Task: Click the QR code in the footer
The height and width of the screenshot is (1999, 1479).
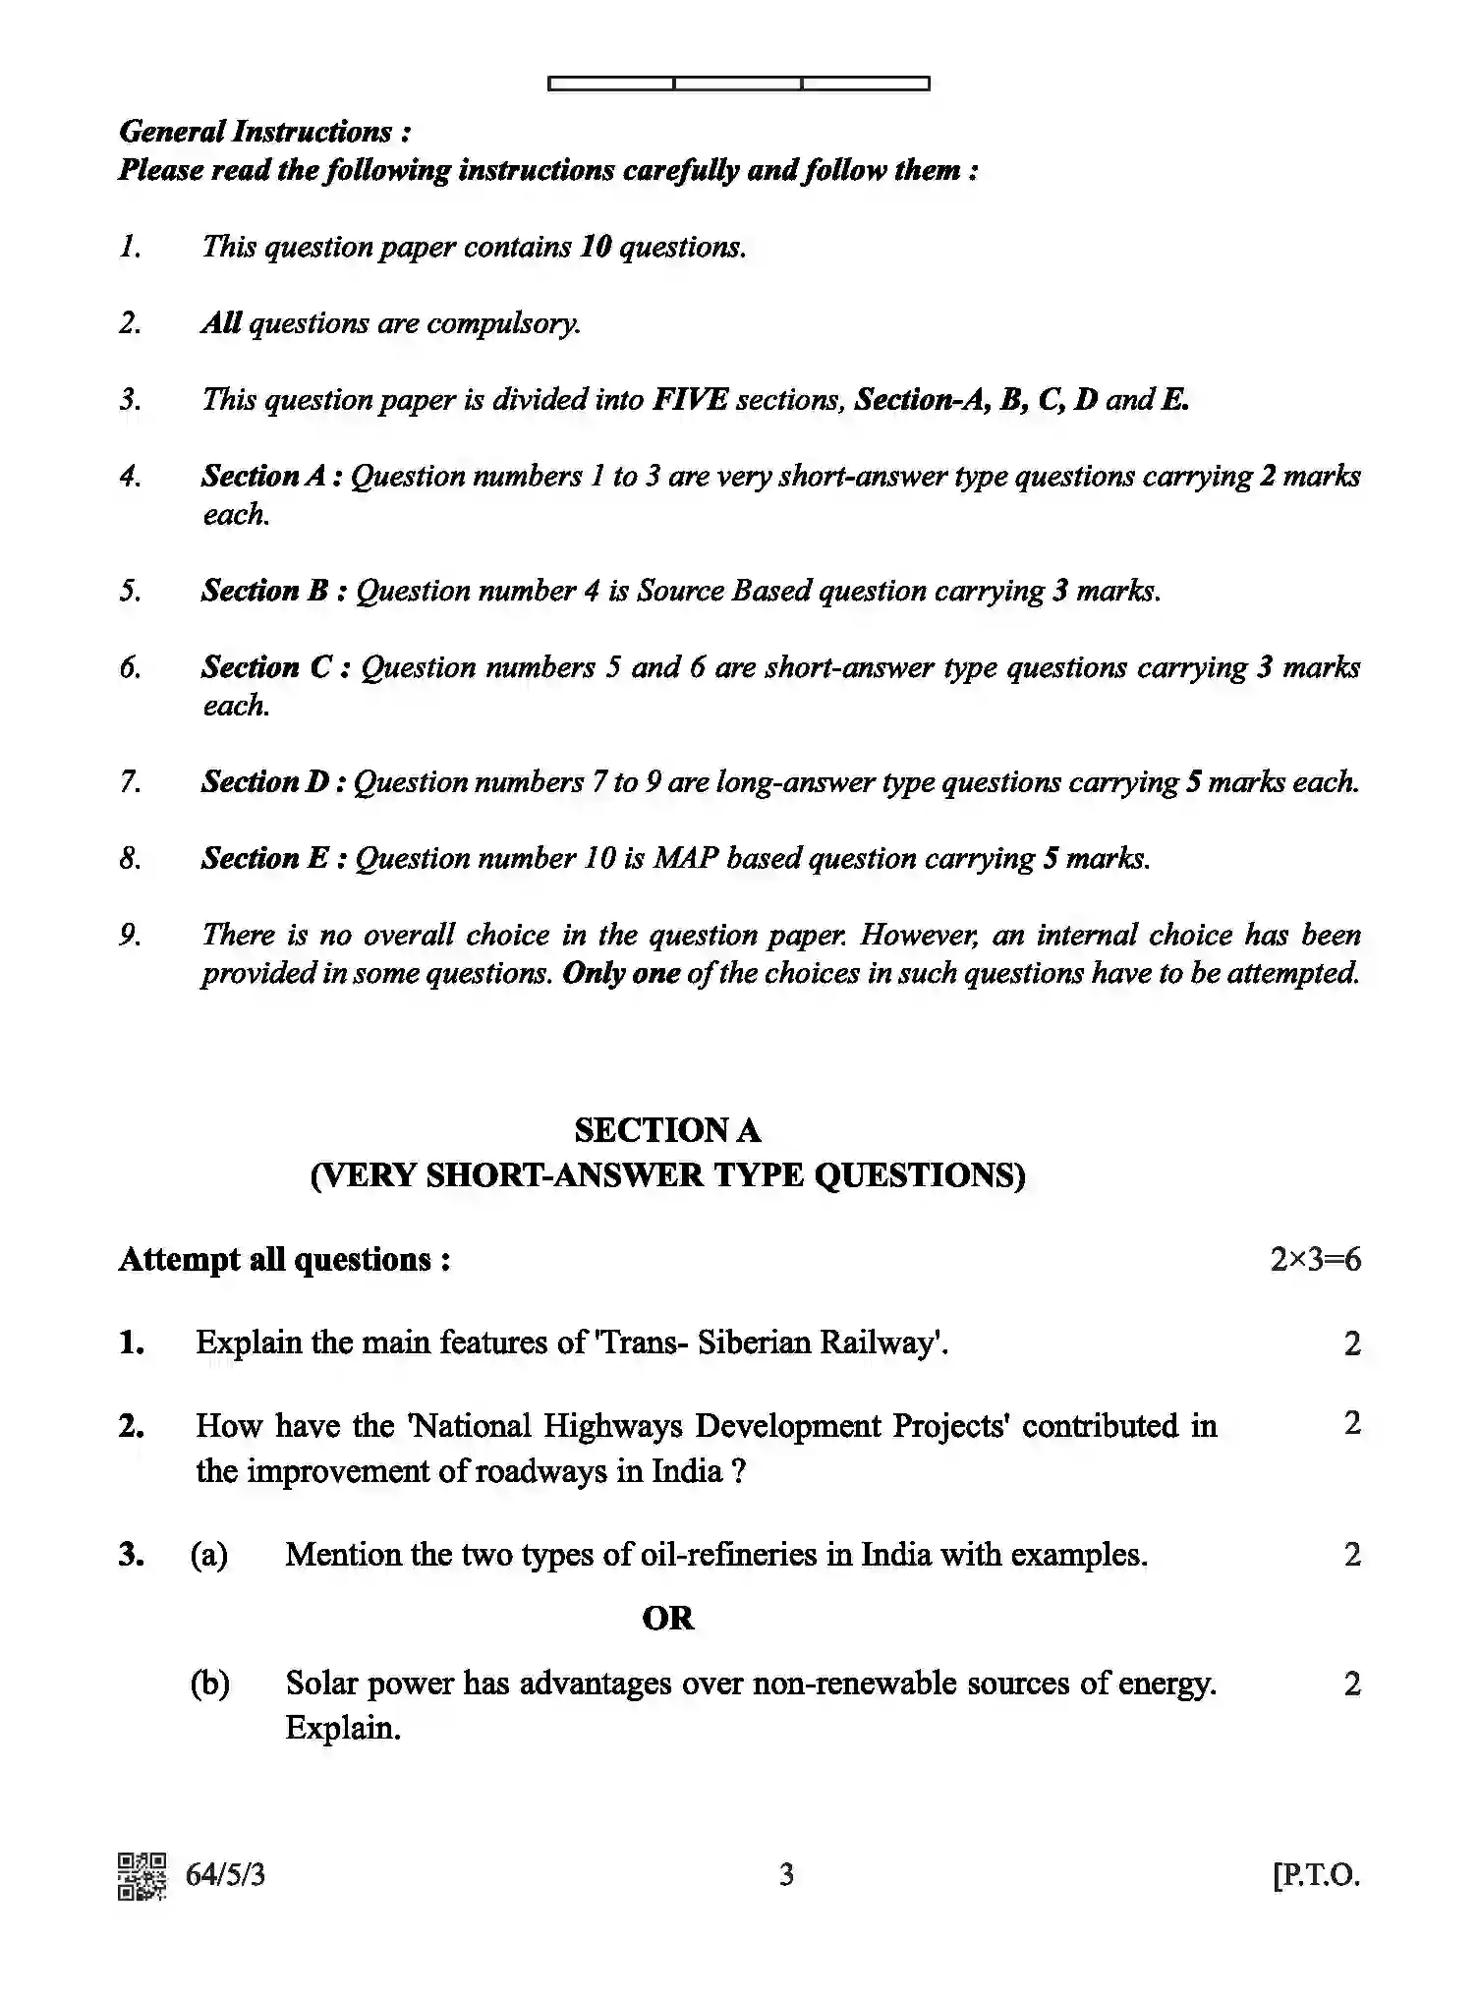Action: click(x=142, y=1876)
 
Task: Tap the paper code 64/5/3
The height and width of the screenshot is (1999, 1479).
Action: click(x=225, y=1876)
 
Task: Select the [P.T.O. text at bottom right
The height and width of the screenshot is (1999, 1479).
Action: click(x=1316, y=1876)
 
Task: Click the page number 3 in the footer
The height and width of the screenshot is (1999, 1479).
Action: click(x=786, y=1876)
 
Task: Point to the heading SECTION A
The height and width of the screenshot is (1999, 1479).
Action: click(x=667, y=1131)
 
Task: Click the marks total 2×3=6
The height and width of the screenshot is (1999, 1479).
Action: click(x=1315, y=1260)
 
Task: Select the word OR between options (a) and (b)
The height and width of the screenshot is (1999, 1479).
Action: click(x=667, y=1618)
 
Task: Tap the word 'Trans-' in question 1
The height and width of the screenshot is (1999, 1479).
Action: click(x=641, y=1342)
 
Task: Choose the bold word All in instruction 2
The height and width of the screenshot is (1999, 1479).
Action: click(x=221, y=323)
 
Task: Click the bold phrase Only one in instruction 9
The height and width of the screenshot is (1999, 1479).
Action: click(x=621, y=974)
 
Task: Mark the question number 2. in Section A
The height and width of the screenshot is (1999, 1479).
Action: click(x=132, y=1426)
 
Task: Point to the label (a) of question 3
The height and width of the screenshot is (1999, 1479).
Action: click(x=209, y=1555)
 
